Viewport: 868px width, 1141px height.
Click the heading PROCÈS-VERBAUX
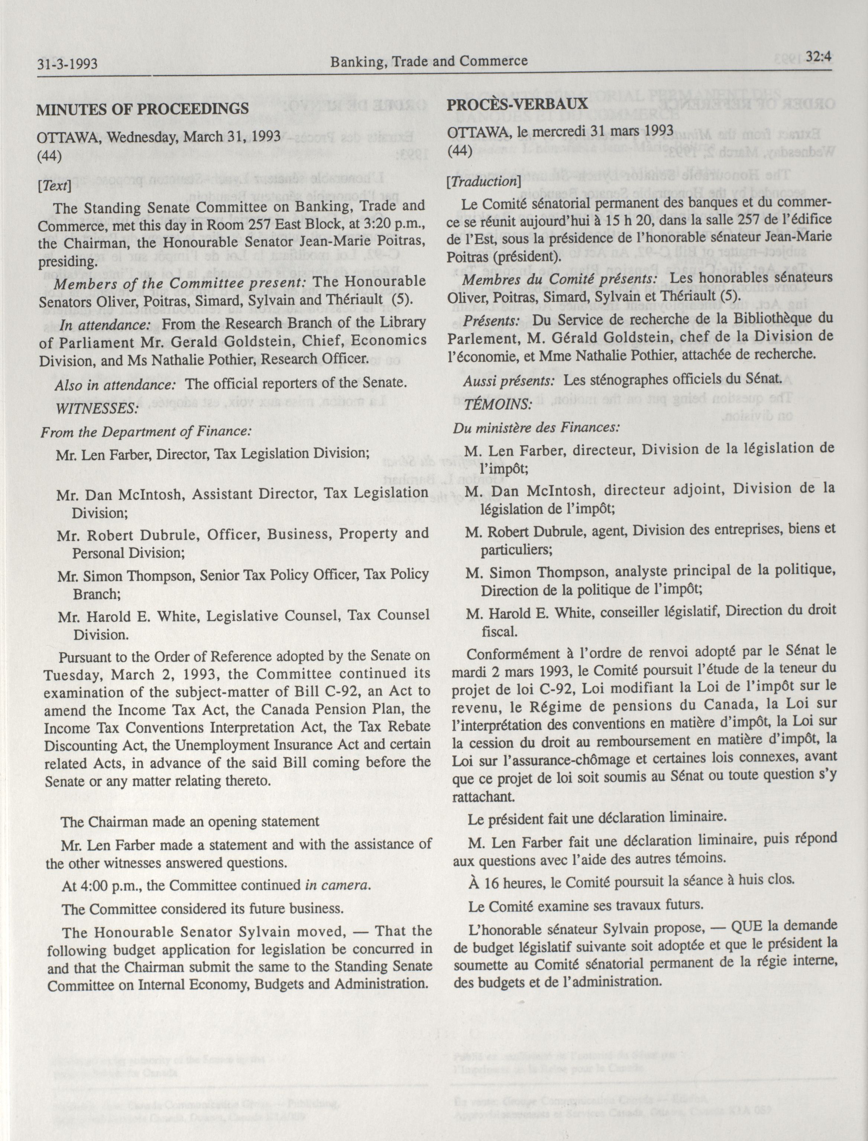point(517,104)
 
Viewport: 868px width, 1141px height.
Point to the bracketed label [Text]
point(54,185)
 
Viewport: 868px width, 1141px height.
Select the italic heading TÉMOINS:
point(498,403)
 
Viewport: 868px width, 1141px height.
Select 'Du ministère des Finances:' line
point(536,427)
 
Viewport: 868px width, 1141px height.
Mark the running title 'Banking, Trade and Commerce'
point(429,61)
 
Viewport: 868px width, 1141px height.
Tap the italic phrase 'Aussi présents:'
point(509,380)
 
